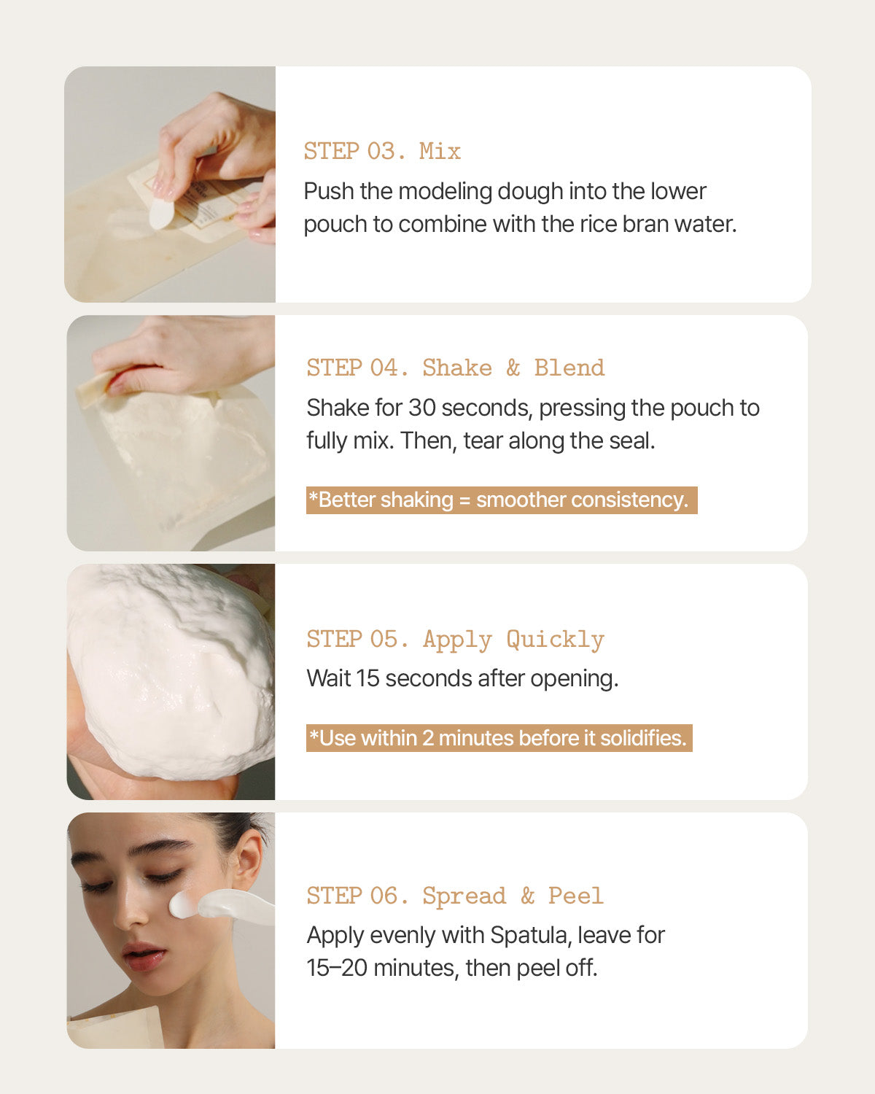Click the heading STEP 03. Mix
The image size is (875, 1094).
tap(382, 152)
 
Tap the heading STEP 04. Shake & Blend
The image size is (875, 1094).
tap(456, 368)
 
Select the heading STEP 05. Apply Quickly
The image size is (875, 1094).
tap(456, 640)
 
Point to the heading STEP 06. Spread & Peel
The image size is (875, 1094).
tap(455, 896)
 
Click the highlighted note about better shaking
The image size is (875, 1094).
tap(502, 500)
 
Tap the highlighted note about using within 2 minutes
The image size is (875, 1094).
tap(499, 738)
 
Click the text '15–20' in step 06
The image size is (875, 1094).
tap(337, 968)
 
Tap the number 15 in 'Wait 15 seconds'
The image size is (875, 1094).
tap(367, 679)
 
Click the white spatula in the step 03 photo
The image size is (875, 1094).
tap(162, 213)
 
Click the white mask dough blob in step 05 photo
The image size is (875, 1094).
tap(171, 671)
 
